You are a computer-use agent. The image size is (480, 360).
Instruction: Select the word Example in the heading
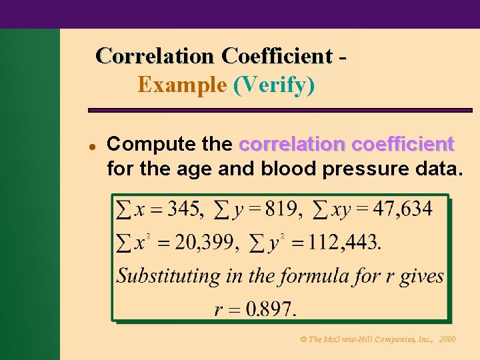[x=182, y=85]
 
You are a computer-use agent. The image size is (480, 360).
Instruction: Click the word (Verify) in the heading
[x=274, y=85]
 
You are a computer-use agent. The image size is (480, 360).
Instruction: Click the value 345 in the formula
[x=184, y=209]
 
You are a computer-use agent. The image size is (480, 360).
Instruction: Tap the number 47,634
[x=402, y=209]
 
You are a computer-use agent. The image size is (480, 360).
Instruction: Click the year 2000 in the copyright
[x=447, y=339]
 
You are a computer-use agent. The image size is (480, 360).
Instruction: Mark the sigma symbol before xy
[x=321, y=210]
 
